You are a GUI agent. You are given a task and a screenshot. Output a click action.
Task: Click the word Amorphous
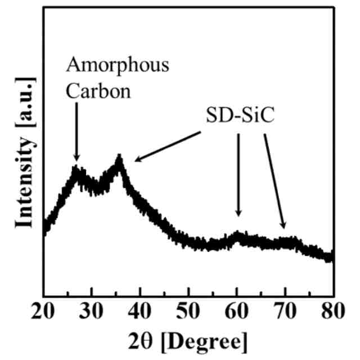pos(117,66)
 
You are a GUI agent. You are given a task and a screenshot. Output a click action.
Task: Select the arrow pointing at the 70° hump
pos(274,180)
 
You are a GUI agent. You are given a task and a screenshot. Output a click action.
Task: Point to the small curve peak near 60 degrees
pos(238,234)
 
